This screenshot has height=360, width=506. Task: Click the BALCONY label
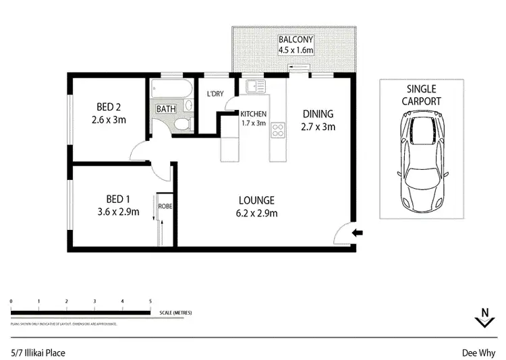pos(295,38)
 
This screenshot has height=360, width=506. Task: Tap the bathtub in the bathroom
pos(171,89)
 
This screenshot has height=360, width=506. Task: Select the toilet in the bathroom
pos(181,123)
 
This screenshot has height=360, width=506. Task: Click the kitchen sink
pos(256,86)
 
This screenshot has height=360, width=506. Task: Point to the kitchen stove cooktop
pos(277,130)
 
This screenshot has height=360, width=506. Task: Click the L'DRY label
pos(215,94)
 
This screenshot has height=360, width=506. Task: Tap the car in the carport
pos(422,160)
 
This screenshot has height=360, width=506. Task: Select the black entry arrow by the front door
pos(358,233)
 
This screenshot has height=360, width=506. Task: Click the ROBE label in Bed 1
pos(165,206)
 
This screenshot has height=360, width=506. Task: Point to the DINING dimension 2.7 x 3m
pos(318,126)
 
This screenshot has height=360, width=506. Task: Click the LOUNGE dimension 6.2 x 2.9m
pos(256,214)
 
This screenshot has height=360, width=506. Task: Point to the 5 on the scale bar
pos(150,301)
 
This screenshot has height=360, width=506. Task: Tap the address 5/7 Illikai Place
pos(38,352)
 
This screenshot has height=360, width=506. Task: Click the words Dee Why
pos(478,352)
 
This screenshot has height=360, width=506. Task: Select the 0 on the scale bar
pos(11,301)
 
